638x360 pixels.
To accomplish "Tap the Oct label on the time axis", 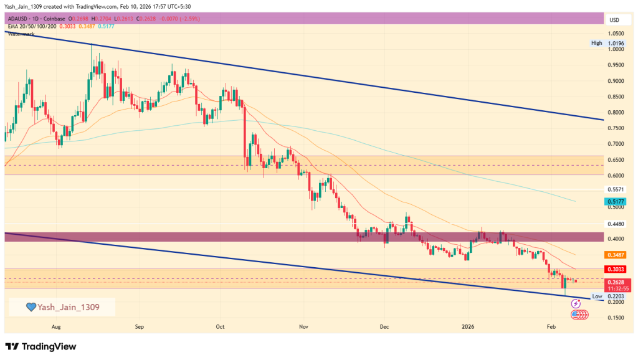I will pos(219,326).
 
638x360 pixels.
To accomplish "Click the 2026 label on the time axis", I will pos(467,326).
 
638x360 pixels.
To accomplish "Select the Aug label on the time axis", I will pos(56,326).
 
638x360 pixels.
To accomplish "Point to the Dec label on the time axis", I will pos(384,326).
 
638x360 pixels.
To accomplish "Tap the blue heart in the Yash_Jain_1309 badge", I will pos(31,307).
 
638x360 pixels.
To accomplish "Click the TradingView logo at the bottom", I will pos(41,346).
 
